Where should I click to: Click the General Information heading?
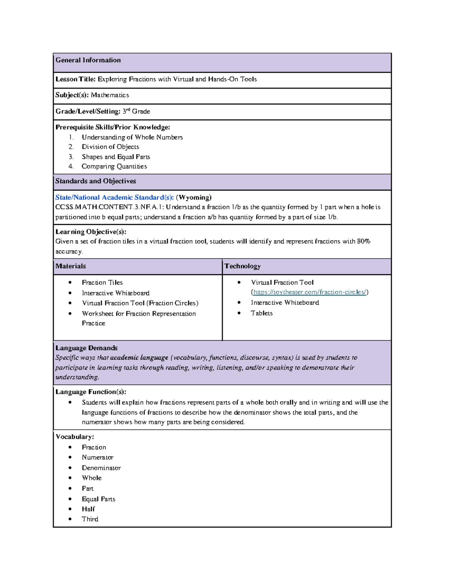click(x=88, y=60)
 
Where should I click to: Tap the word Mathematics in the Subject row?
click(x=110, y=95)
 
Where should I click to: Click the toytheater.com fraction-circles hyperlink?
click(x=310, y=292)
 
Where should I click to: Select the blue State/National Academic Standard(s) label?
click(x=114, y=198)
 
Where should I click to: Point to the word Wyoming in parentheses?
click(x=194, y=198)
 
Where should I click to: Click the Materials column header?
click(x=71, y=266)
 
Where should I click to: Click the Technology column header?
click(x=242, y=266)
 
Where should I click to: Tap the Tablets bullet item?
click(x=262, y=313)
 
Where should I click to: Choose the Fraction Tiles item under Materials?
click(x=102, y=282)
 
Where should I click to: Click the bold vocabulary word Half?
click(x=88, y=509)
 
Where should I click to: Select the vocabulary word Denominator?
click(x=101, y=468)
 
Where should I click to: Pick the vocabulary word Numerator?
click(x=98, y=458)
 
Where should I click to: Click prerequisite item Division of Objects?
click(x=110, y=147)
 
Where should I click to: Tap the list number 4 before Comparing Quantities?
click(x=71, y=166)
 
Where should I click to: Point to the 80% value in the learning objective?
click(x=363, y=242)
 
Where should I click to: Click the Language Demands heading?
click(x=86, y=348)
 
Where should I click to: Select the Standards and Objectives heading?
click(x=95, y=181)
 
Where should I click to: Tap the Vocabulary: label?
click(x=74, y=437)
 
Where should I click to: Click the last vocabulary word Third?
click(x=90, y=519)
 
